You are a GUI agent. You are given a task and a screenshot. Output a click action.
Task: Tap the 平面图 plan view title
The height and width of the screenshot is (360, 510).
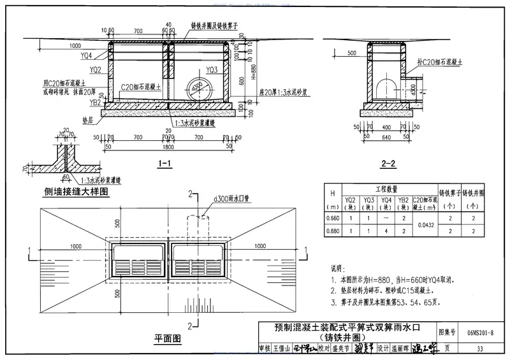(168, 337)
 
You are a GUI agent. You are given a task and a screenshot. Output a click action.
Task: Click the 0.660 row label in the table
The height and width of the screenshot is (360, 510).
(332, 218)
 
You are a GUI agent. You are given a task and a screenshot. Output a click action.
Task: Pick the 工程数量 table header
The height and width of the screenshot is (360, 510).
(386, 190)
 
